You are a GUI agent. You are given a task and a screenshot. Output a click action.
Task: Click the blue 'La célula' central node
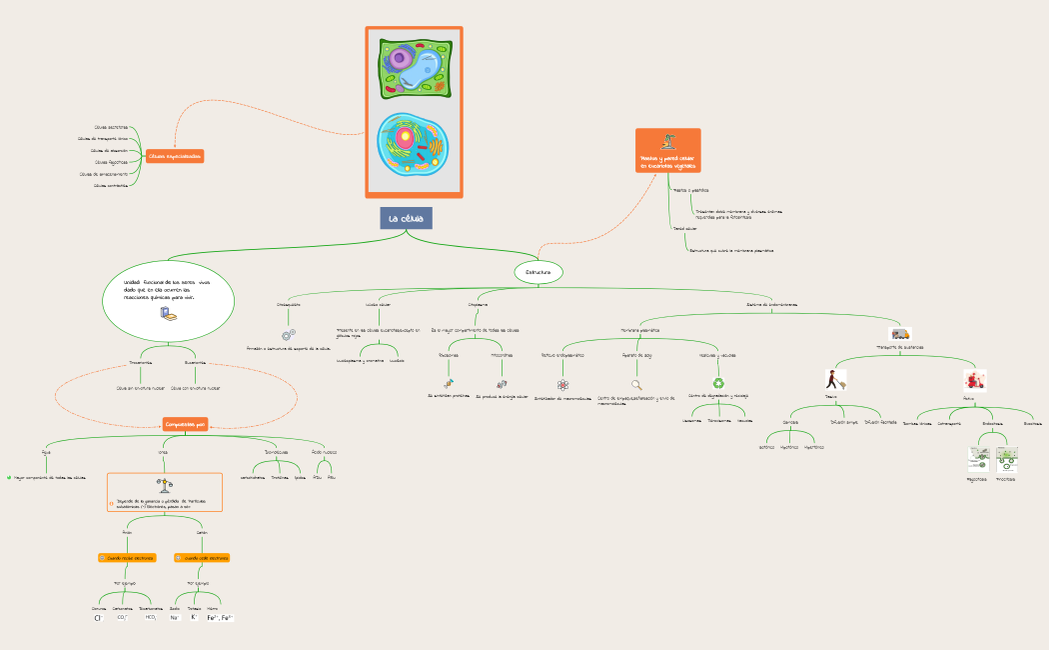pos(406,218)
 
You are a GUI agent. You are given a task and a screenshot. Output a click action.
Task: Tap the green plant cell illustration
pos(414,68)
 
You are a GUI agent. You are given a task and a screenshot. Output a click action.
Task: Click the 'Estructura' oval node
pos(538,272)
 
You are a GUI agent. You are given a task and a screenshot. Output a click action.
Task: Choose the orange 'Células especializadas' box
pos(175,156)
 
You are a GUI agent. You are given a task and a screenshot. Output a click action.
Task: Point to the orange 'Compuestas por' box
pos(185,425)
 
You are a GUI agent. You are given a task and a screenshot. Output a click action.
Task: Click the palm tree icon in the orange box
pos(668,141)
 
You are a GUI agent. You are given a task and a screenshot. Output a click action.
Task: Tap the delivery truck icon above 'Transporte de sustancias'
pos(900,334)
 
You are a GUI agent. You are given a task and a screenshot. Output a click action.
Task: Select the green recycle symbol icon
pos(718,382)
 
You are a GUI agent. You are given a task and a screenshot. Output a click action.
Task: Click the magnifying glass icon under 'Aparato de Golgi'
pos(636,384)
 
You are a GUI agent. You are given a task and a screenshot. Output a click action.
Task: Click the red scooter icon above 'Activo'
pos(974,380)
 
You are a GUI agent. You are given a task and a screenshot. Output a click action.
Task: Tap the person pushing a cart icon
pos(835,380)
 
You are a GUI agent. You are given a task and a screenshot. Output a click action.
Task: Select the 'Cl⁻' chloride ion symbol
pos(99,618)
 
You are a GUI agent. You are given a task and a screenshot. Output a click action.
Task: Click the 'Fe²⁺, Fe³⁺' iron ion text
pos(220,618)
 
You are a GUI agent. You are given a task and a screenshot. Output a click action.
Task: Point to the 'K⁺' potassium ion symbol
pos(194,618)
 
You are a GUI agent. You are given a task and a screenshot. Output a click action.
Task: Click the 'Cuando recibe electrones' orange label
pos(127,558)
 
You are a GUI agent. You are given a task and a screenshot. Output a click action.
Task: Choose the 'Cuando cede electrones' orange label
pos(202,558)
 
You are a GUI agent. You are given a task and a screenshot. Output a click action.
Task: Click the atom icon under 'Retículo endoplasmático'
pos(562,384)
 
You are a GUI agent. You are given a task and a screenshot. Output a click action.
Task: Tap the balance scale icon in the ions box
pos(163,484)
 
